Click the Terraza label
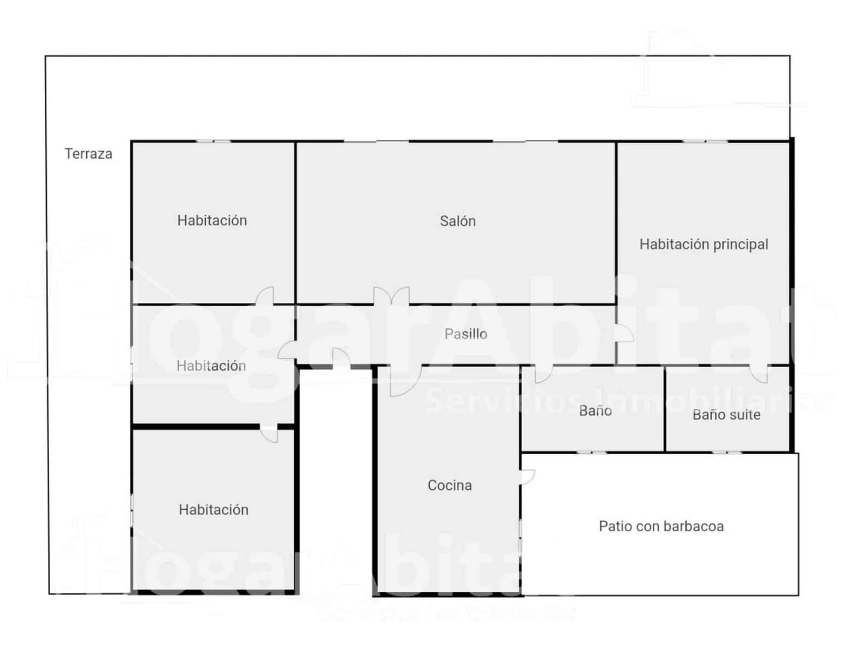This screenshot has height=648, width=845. tap(89, 154)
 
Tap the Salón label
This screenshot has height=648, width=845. tap(457, 221)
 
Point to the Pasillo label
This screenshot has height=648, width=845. tap(465, 334)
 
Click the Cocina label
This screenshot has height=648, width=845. tap(449, 485)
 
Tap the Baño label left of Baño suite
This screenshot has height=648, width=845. tap(595, 411)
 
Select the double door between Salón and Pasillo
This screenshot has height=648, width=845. tap(391, 296)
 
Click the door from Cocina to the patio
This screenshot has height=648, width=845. tap(527, 477)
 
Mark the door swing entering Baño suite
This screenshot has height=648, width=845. tap(759, 374)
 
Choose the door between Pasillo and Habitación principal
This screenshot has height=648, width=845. tap(625, 334)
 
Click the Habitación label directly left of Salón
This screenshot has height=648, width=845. tap(212, 220)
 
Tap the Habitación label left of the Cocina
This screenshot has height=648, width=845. tap(213, 510)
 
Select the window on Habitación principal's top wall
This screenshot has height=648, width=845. tap(705, 141)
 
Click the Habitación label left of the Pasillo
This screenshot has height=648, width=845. tap(211, 366)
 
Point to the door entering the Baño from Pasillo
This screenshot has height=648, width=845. tap(543, 374)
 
